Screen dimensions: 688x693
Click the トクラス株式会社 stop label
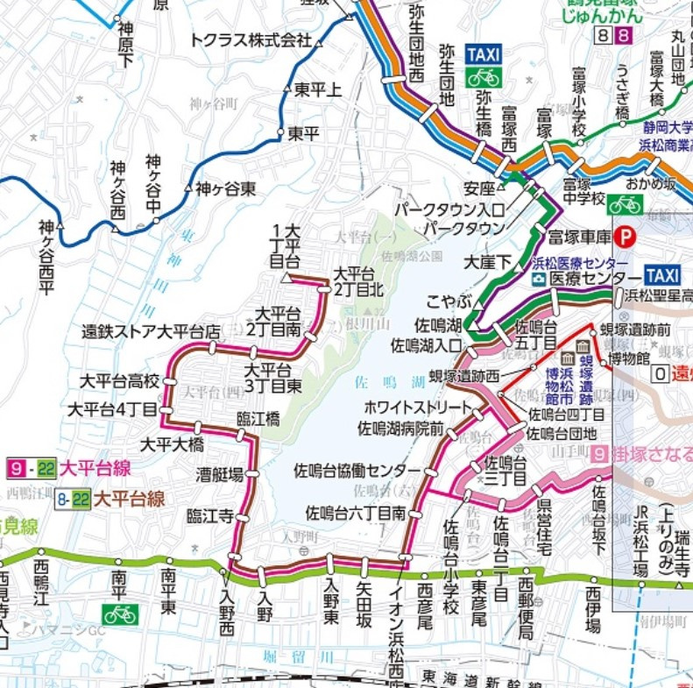coord(251,40)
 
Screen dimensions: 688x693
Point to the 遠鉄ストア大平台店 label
coord(151,332)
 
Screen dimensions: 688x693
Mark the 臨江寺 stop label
coord(210,516)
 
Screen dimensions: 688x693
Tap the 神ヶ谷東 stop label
coord(226,188)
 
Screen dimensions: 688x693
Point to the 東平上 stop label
coord(318,89)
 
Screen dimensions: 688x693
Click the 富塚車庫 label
coord(578,236)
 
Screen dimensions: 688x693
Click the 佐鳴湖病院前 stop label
coord(400,429)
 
